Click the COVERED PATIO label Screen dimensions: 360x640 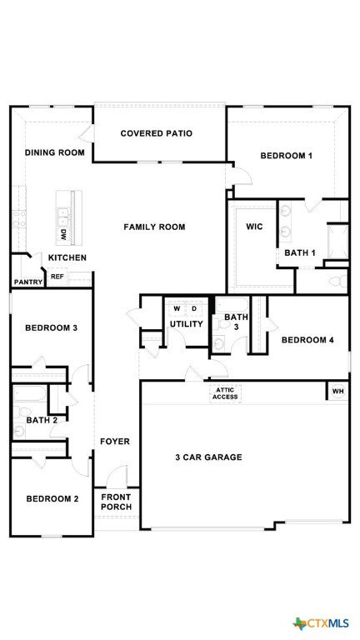[157, 133]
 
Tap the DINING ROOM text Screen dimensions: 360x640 [55, 152]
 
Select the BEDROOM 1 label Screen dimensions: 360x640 [286, 156]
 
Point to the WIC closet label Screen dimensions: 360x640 [255, 227]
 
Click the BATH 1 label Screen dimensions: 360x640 [300, 253]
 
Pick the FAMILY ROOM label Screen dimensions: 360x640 [154, 227]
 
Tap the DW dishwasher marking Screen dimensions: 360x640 [62, 235]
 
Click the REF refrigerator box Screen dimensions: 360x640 [57, 277]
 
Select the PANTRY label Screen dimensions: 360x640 [28, 282]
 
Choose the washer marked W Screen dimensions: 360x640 [177, 309]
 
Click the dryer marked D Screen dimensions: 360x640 [194, 309]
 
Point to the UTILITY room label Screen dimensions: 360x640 [187, 324]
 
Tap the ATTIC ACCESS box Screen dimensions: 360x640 [225, 394]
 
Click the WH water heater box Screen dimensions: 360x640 [337, 392]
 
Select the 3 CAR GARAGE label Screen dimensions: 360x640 [208, 457]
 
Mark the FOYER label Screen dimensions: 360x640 [115, 442]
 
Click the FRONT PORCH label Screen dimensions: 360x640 [117, 502]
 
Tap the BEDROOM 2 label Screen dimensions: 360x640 [52, 499]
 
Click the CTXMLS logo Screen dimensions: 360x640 [321, 623]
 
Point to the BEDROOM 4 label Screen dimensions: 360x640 [307, 340]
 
